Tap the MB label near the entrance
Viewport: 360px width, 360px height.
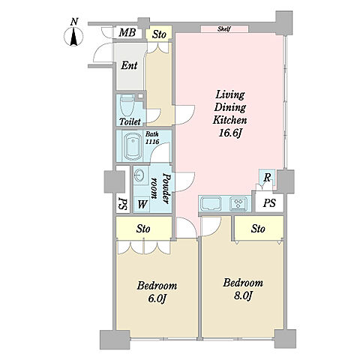(127, 32)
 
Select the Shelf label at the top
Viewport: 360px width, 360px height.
(223, 29)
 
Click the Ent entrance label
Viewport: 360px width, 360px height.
(129, 65)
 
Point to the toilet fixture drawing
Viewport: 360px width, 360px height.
(127, 105)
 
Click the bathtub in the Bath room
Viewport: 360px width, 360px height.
(133, 146)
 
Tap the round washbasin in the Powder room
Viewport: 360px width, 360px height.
(139, 175)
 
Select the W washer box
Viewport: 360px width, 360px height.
(142, 204)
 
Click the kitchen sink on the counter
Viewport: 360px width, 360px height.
(212, 203)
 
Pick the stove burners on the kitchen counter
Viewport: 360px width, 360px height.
(238, 202)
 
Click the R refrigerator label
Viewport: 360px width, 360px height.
(267, 178)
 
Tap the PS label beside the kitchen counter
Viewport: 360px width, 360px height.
(269, 202)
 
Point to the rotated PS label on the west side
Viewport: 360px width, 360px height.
(123, 204)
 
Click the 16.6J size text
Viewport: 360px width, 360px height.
(230, 133)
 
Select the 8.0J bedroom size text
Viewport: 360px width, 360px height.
(242, 296)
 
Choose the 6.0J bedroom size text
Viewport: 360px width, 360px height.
(157, 298)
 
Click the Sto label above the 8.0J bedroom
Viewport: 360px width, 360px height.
(258, 229)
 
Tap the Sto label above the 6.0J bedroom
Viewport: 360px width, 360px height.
(143, 229)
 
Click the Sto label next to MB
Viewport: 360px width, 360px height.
(159, 34)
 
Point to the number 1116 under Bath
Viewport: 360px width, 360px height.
(152, 142)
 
